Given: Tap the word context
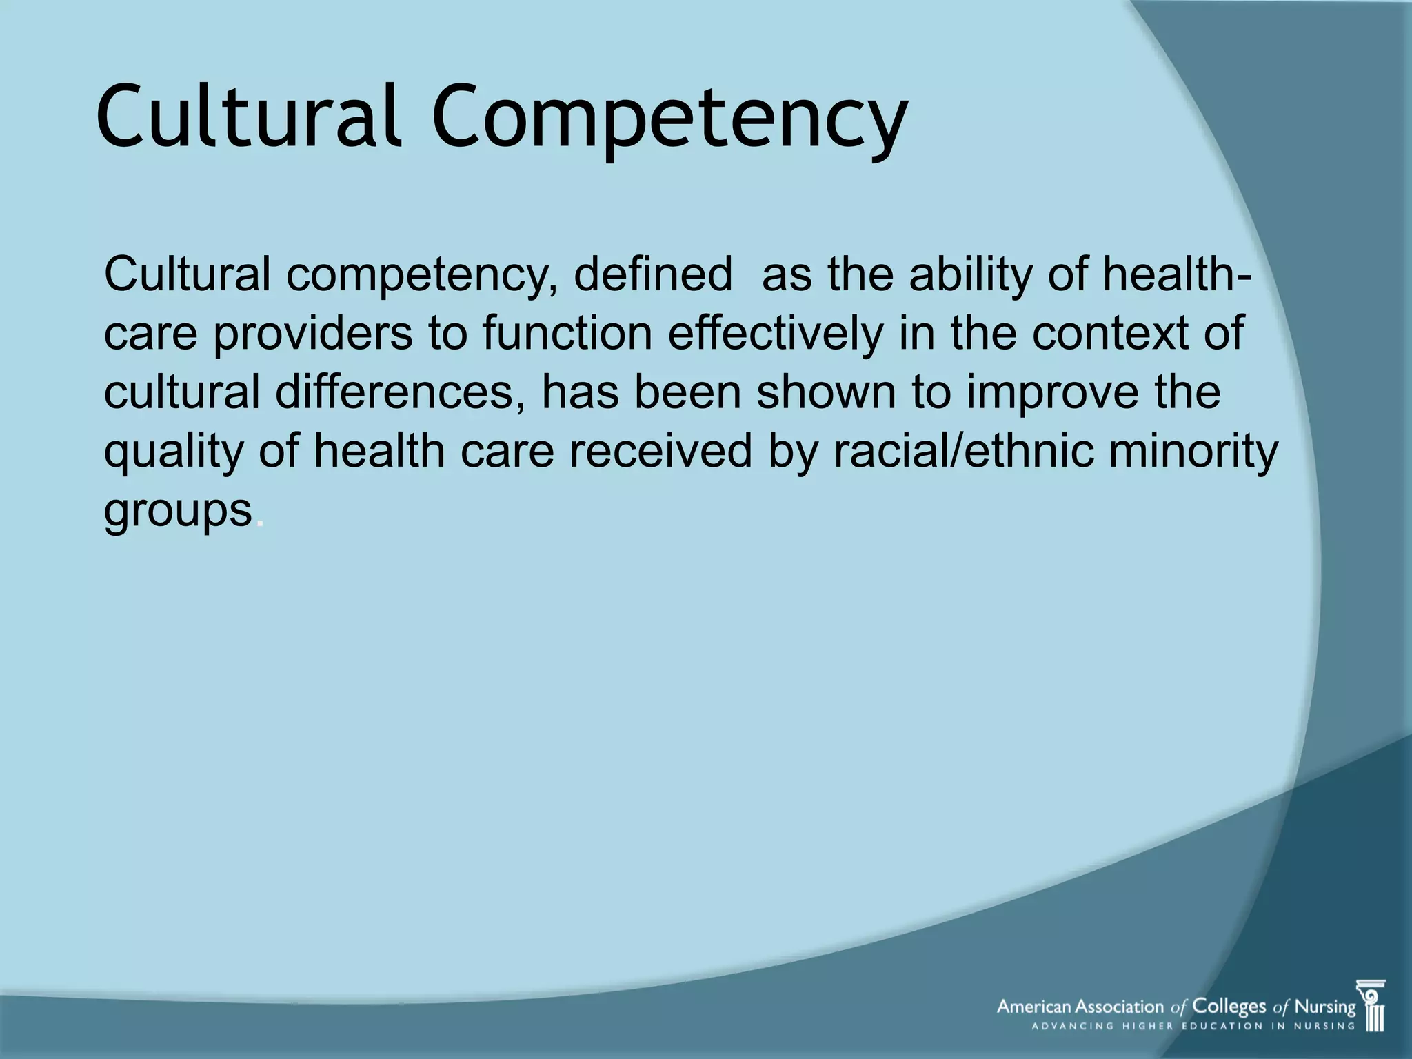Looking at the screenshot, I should pyautogui.click(x=1111, y=333).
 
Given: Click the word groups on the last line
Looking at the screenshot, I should pyautogui.click(x=178, y=512).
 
